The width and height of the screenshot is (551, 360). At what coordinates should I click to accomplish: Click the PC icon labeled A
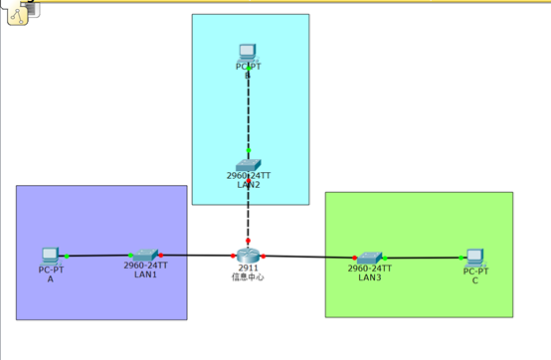(51, 257)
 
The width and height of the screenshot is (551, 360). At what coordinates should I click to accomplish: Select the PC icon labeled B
(249, 53)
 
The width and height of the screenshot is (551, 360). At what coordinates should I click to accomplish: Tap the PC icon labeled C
(475, 258)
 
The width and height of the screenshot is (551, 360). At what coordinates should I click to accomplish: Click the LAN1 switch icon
(145, 256)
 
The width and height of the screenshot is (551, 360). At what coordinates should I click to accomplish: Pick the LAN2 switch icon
(249, 165)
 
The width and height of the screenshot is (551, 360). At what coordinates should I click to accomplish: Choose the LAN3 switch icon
(370, 258)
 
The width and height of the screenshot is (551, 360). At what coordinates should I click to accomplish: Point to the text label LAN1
(145, 274)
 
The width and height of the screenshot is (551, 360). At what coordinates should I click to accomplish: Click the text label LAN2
(249, 184)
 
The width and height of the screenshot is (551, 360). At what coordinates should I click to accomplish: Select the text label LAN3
(370, 276)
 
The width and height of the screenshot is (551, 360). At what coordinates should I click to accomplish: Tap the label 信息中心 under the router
(249, 276)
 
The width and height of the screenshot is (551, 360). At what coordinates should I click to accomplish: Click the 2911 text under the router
(249, 268)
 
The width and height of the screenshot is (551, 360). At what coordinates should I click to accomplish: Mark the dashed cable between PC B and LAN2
(249, 109)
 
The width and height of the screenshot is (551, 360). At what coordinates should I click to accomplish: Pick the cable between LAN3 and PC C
(423, 258)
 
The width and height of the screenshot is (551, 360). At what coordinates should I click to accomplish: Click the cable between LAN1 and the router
(199, 256)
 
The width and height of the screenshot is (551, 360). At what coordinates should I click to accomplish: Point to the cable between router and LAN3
(308, 257)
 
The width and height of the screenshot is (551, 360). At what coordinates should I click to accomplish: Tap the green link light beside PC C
(461, 258)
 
